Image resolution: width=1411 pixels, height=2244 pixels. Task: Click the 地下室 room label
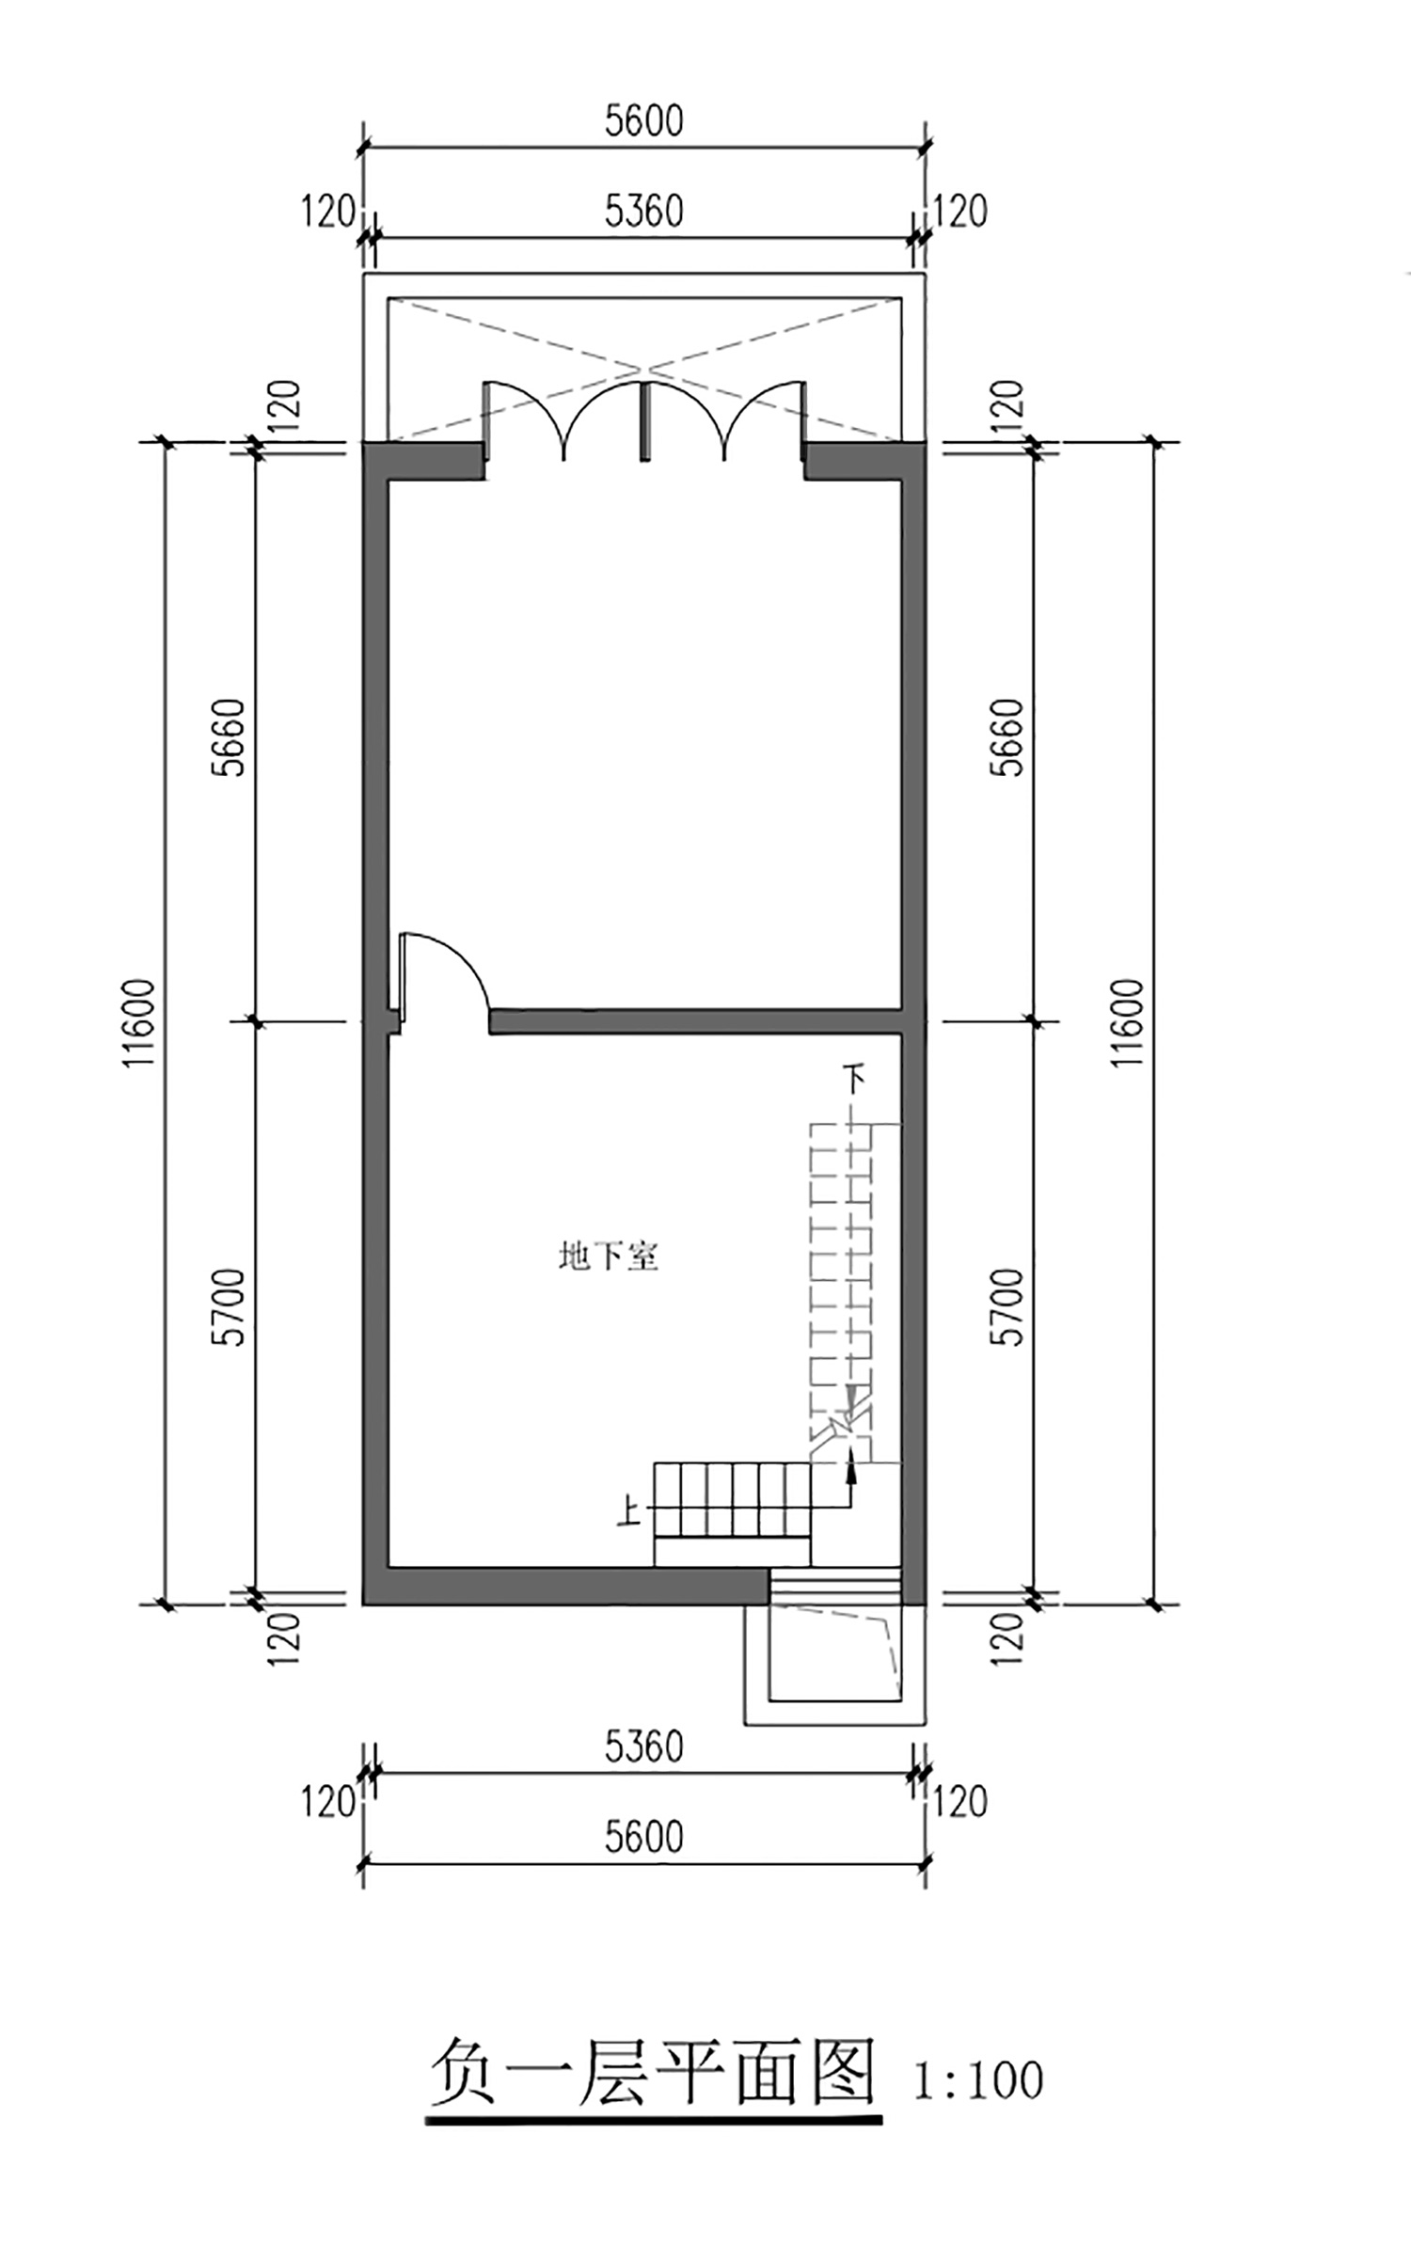(x=609, y=1256)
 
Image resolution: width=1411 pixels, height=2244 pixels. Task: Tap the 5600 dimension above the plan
(x=643, y=120)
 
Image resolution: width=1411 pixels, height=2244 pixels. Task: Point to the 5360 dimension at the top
(x=643, y=211)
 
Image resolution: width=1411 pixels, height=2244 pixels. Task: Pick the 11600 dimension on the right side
(x=1127, y=1022)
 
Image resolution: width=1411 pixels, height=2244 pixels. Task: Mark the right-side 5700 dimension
(x=1009, y=1307)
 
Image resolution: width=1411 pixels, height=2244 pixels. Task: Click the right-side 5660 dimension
(x=1009, y=736)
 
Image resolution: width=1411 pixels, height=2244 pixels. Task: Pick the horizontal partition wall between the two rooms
(x=696, y=1021)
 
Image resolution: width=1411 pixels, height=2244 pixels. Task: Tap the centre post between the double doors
(x=644, y=420)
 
